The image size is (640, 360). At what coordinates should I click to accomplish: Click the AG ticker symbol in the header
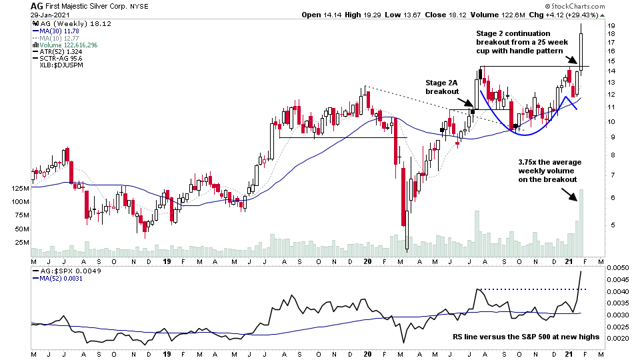[37, 5]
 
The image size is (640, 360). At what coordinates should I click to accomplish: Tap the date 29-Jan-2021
[51, 15]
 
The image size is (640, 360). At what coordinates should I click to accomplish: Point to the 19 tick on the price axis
[610, 26]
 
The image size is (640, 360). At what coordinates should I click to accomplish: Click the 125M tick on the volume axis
[19, 189]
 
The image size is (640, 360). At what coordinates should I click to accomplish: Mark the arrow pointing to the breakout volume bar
[571, 194]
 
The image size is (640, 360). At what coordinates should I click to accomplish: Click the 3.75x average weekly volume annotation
[548, 170]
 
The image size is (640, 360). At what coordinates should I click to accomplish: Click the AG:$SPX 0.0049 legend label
[61, 271]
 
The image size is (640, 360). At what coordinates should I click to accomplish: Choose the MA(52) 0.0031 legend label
[59, 279]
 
